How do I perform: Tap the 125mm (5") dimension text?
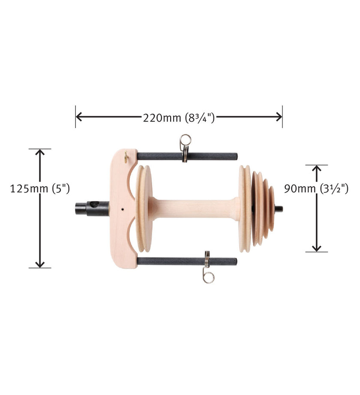click(40, 189)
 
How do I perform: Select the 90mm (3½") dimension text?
click(316, 188)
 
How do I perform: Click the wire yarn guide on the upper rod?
click(185, 147)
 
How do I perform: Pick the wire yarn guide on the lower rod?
click(208, 268)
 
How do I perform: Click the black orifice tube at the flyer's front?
click(91, 208)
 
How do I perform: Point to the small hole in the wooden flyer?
click(122, 210)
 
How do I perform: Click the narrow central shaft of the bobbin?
click(195, 209)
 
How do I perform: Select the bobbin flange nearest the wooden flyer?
click(144, 209)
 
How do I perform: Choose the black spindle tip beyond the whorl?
click(279, 209)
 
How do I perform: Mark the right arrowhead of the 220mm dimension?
click(279, 117)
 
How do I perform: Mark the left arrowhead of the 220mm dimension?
click(79, 117)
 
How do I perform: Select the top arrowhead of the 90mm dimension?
click(316, 169)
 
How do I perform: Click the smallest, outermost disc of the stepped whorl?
click(271, 209)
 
